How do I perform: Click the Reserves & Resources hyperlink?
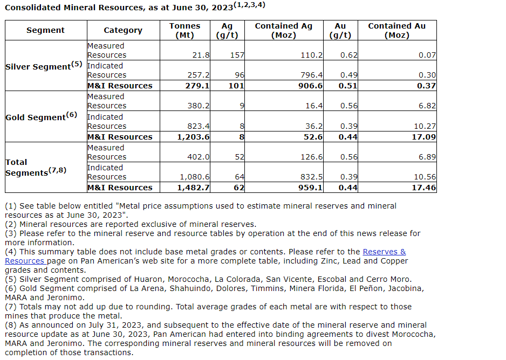pos(384,252)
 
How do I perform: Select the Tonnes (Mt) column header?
pos(184,30)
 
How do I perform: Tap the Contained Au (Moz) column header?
pos(396,30)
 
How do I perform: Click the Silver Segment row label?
pos(44,66)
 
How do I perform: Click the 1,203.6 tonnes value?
pos(193,137)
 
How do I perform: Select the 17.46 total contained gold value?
pos(423,188)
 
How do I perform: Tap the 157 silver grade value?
pos(237,55)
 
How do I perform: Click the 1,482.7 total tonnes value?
pos(193,188)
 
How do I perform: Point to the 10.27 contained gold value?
pos(423,126)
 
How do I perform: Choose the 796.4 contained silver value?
pos(311,75)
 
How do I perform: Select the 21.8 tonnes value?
pos(201,55)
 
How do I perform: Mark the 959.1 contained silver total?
pos(310,188)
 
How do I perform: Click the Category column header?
pos(123,30)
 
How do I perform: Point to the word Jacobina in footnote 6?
pos(402,288)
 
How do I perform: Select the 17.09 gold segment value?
pos(423,137)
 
